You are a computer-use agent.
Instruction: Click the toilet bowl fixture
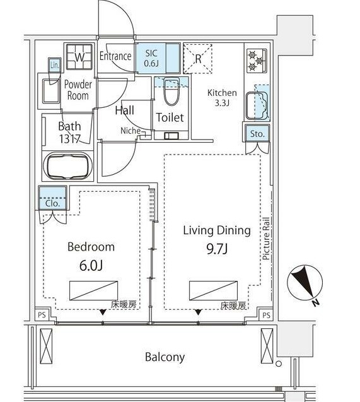[x=171, y=92]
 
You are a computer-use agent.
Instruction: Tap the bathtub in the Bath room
[x=68, y=166]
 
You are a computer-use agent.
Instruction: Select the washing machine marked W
[x=79, y=57]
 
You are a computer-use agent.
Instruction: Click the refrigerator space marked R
[x=198, y=59]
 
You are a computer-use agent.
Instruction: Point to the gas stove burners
[x=257, y=61]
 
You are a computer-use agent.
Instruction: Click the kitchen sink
[x=257, y=105]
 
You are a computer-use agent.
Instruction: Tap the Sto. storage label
[x=257, y=134]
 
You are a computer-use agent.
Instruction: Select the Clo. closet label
[x=52, y=204]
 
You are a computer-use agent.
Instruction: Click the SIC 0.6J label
[x=151, y=59]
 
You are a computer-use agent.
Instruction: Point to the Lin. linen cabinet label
[x=55, y=65]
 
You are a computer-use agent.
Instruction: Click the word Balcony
[x=165, y=357]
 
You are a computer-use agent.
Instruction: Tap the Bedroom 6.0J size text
[x=91, y=266]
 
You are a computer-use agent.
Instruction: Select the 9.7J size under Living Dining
[x=217, y=249]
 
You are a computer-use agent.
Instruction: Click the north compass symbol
[x=305, y=283]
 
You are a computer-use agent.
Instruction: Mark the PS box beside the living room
[x=266, y=315]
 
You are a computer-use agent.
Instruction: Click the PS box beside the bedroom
[x=42, y=314]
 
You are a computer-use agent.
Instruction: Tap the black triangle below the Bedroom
[x=103, y=312]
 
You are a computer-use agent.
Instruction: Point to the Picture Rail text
[x=266, y=239]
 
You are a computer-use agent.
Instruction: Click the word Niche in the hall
[x=131, y=131]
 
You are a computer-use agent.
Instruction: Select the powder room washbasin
[x=50, y=91]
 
